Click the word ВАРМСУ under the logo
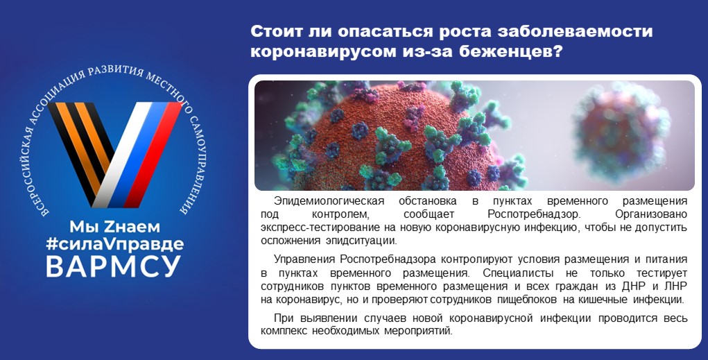(113, 266)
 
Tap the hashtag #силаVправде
(114, 244)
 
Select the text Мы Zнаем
(114, 226)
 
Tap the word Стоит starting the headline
(277, 31)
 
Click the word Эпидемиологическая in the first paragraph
(329, 201)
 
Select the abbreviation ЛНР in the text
(676, 286)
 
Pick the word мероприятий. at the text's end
(418, 331)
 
